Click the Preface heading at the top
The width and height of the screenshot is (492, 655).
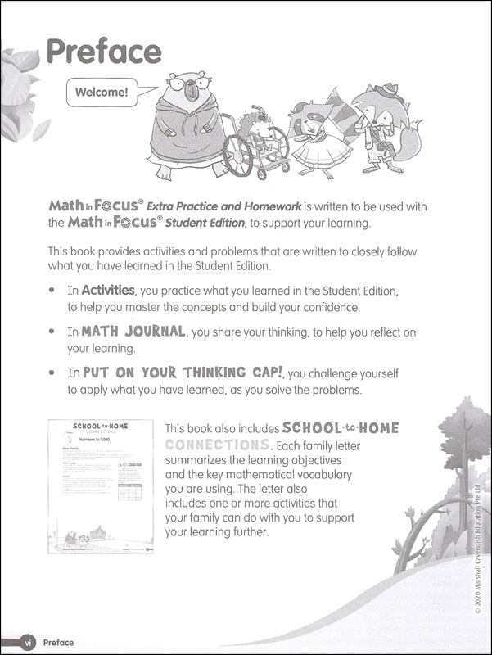104,52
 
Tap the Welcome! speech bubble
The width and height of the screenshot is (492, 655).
102,93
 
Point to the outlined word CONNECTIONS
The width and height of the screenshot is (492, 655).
218,445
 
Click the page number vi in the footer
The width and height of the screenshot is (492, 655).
27,642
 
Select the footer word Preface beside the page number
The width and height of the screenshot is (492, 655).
58,643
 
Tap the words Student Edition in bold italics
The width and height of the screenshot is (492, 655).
205,223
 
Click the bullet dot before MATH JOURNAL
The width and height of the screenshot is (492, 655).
52,332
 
